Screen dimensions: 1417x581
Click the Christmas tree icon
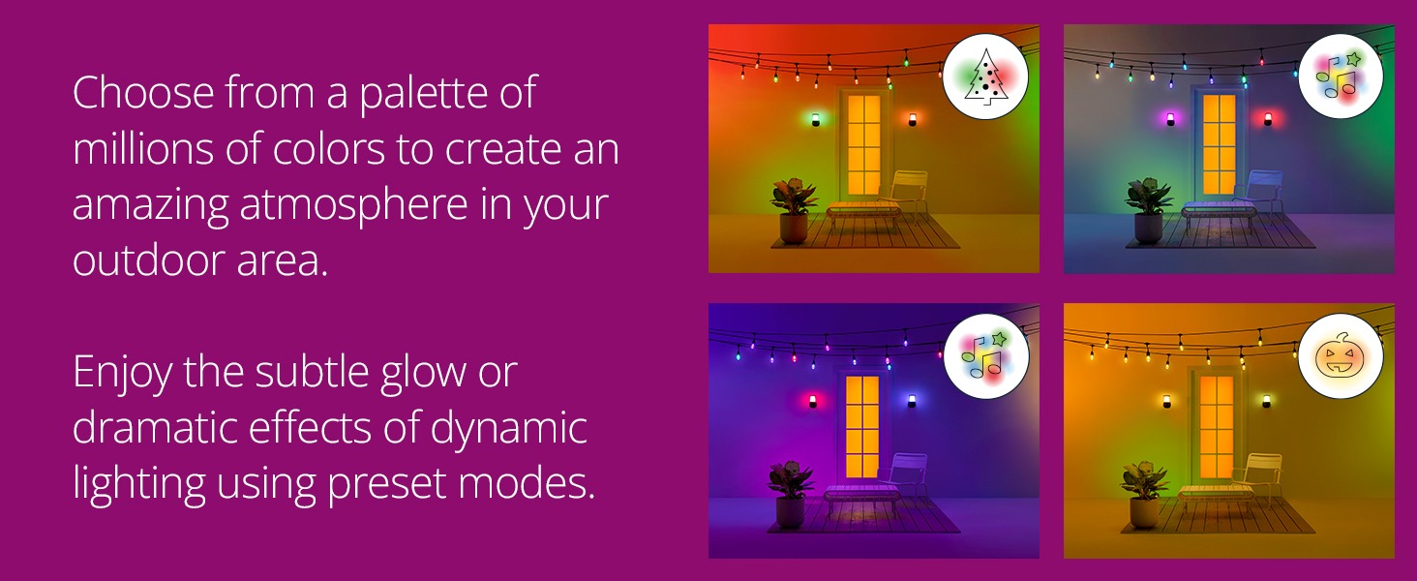tap(985, 76)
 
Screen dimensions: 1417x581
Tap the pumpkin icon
tap(1340, 356)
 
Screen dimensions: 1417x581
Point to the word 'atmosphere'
tap(353, 204)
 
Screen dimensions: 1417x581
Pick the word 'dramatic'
tap(156, 427)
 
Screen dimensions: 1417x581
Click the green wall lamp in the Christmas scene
tap(815, 119)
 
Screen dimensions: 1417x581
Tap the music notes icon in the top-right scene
tap(1340, 76)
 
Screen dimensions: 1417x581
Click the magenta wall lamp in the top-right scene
tap(1169, 118)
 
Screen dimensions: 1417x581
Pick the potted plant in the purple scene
tap(790, 494)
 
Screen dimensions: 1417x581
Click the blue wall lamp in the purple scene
tap(912, 401)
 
